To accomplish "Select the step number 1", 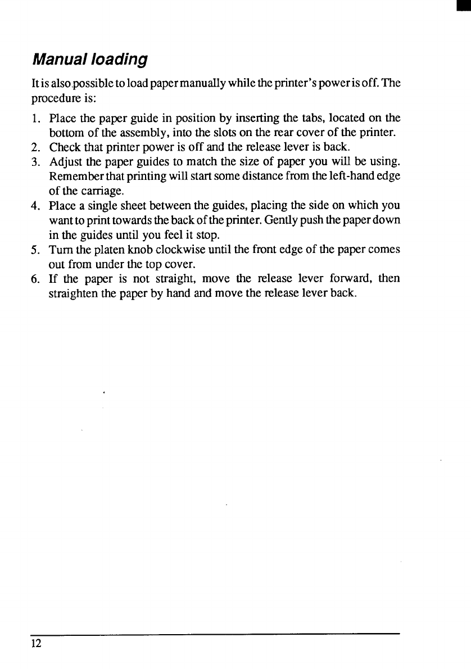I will click(x=35, y=119).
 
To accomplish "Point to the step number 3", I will click(x=35, y=162).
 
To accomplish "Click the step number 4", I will click(x=35, y=206).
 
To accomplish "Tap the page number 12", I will click(x=36, y=644).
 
